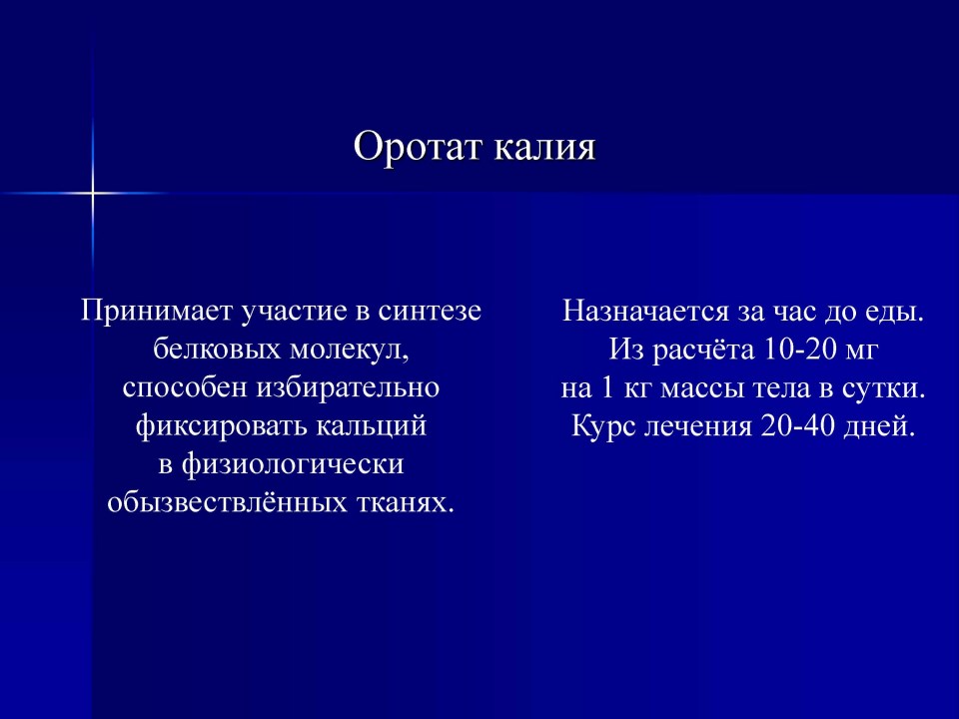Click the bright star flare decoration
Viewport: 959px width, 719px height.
tap(92, 193)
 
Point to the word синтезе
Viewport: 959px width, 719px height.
tap(430, 312)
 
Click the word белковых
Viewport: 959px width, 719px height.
tap(217, 350)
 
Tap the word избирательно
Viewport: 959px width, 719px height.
tap(348, 387)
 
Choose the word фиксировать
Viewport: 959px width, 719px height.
tap(222, 426)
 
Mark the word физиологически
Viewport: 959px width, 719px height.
tap(293, 464)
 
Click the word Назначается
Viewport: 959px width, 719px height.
tap(646, 312)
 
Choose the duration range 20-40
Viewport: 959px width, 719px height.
tap(798, 426)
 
